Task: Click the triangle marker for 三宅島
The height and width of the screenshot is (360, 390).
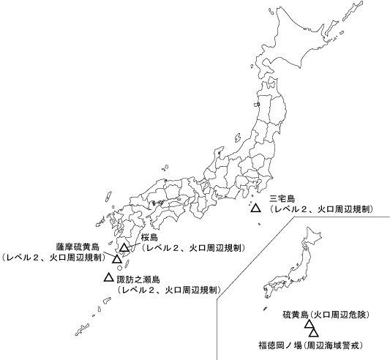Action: click(x=255, y=209)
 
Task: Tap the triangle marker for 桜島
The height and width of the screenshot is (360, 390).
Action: click(x=124, y=248)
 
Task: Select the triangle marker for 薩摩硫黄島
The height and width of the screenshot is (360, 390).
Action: click(x=117, y=258)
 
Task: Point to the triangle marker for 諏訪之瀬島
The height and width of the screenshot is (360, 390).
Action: click(x=109, y=277)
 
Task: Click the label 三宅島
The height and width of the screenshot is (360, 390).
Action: click(x=282, y=198)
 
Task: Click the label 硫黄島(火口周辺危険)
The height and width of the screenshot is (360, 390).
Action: click(x=325, y=315)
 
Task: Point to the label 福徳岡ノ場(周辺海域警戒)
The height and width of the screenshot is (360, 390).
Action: click(x=310, y=344)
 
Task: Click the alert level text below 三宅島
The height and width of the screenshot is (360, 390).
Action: click(x=321, y=209)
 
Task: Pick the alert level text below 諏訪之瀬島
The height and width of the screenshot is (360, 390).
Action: click(x=169, y=290)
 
